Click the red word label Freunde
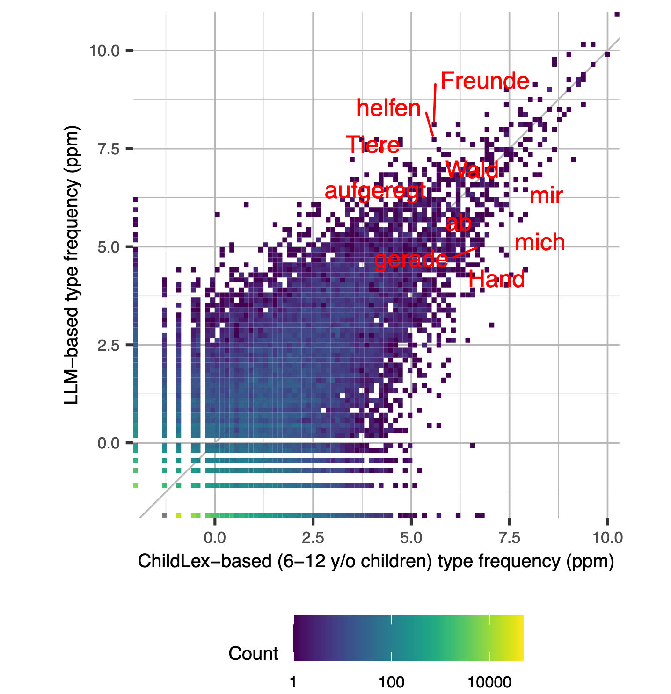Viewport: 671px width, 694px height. pyautogui.click(x=485, y=81)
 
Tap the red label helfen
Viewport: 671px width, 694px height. pyautogui.click(x=389, y=108)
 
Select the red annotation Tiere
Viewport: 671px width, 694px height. pyautogui.click(x=373, y=145)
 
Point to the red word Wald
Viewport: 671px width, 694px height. pyautogui.click(x=472, y=170)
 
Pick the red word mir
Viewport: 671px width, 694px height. pyautogui.click(x=546, y=195)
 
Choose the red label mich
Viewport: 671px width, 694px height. pyautogui.click(x=540, y=243)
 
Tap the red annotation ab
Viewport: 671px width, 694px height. pyautogui.click(x=459, y=224)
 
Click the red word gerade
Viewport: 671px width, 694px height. pyautogui.click(x=411, y=260)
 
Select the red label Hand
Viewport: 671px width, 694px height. pyautogui.click(x=496, y=280)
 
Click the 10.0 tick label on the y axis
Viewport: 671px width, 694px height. pyautogui.click(x=105, y=51)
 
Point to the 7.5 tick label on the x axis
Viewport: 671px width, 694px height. pyautogui.click(x=509, y=538)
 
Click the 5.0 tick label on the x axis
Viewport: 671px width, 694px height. pyautogui.click(x=411, y=538)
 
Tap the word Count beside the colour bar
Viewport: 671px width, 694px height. pyautogui.click(x=253, y=653)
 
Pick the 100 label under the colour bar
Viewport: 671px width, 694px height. pyautogui.click(x=391, y=682)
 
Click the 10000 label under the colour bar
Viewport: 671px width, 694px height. pyautogui.click(x=489, y=682)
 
